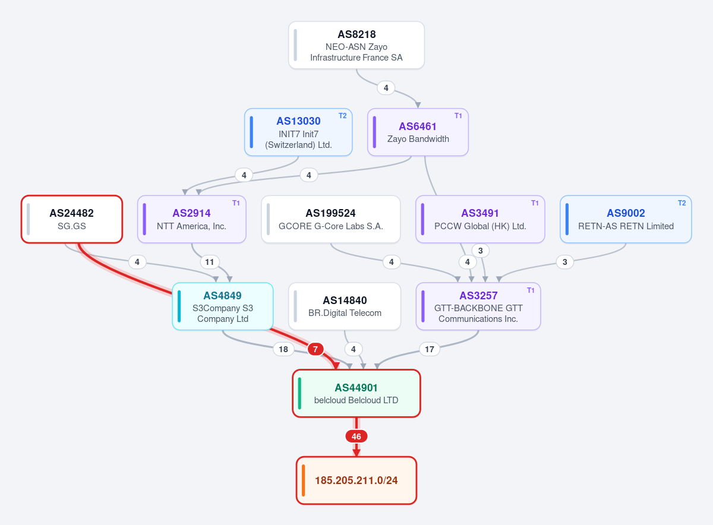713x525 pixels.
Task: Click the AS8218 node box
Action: pos(356,45)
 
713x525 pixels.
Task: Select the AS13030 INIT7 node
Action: pos(298,132)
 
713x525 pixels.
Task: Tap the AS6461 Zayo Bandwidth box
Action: pos(418,132)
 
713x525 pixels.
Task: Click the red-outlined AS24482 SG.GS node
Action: pos(72,219)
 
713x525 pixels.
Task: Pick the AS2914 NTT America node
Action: pos(191,219)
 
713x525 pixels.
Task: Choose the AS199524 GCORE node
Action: pos(331,219)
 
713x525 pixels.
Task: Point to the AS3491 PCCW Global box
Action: pos(480,219)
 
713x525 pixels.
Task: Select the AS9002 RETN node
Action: pos(626,219)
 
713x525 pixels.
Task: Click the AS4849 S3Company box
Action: pos(222,306)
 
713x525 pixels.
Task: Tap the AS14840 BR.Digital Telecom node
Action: pos(345,306)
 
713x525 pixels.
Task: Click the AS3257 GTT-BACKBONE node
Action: pos(478,306)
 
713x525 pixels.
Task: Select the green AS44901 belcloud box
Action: pos(356,393)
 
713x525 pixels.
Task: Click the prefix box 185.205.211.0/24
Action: pos(356,480)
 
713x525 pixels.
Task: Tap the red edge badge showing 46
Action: pos(356,437)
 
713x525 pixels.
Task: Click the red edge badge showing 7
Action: pos(316,349)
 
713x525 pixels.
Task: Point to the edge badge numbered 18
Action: pos(283,349)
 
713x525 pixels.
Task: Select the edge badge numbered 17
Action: pos(430,349)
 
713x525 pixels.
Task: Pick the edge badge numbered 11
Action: pos(209,262)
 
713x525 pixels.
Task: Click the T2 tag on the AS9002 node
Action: pos(682,203)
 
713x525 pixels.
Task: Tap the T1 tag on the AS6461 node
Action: pos(458,116)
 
